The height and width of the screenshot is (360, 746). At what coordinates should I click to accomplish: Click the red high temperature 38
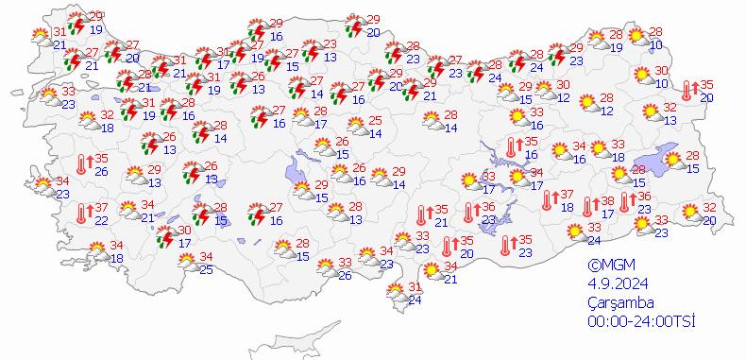tap(608, 201)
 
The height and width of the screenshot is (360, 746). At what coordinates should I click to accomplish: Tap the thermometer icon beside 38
tap(587, 207)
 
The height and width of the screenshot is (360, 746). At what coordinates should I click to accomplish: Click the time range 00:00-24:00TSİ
tap(641, 322)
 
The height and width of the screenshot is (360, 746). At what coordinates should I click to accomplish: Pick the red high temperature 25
tap(375, 120)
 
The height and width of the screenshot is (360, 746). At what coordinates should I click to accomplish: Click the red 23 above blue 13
tap(331, 44)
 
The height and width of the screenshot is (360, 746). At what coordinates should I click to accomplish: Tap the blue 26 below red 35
tap(101, 171)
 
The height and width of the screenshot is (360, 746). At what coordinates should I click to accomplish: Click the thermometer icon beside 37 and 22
tap(81, 214)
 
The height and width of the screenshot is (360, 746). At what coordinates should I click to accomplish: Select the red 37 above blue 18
tap(567, 195)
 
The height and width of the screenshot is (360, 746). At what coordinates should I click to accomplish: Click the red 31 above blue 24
tap(414, 287)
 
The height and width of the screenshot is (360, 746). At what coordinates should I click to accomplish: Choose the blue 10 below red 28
tap(656, 44)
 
